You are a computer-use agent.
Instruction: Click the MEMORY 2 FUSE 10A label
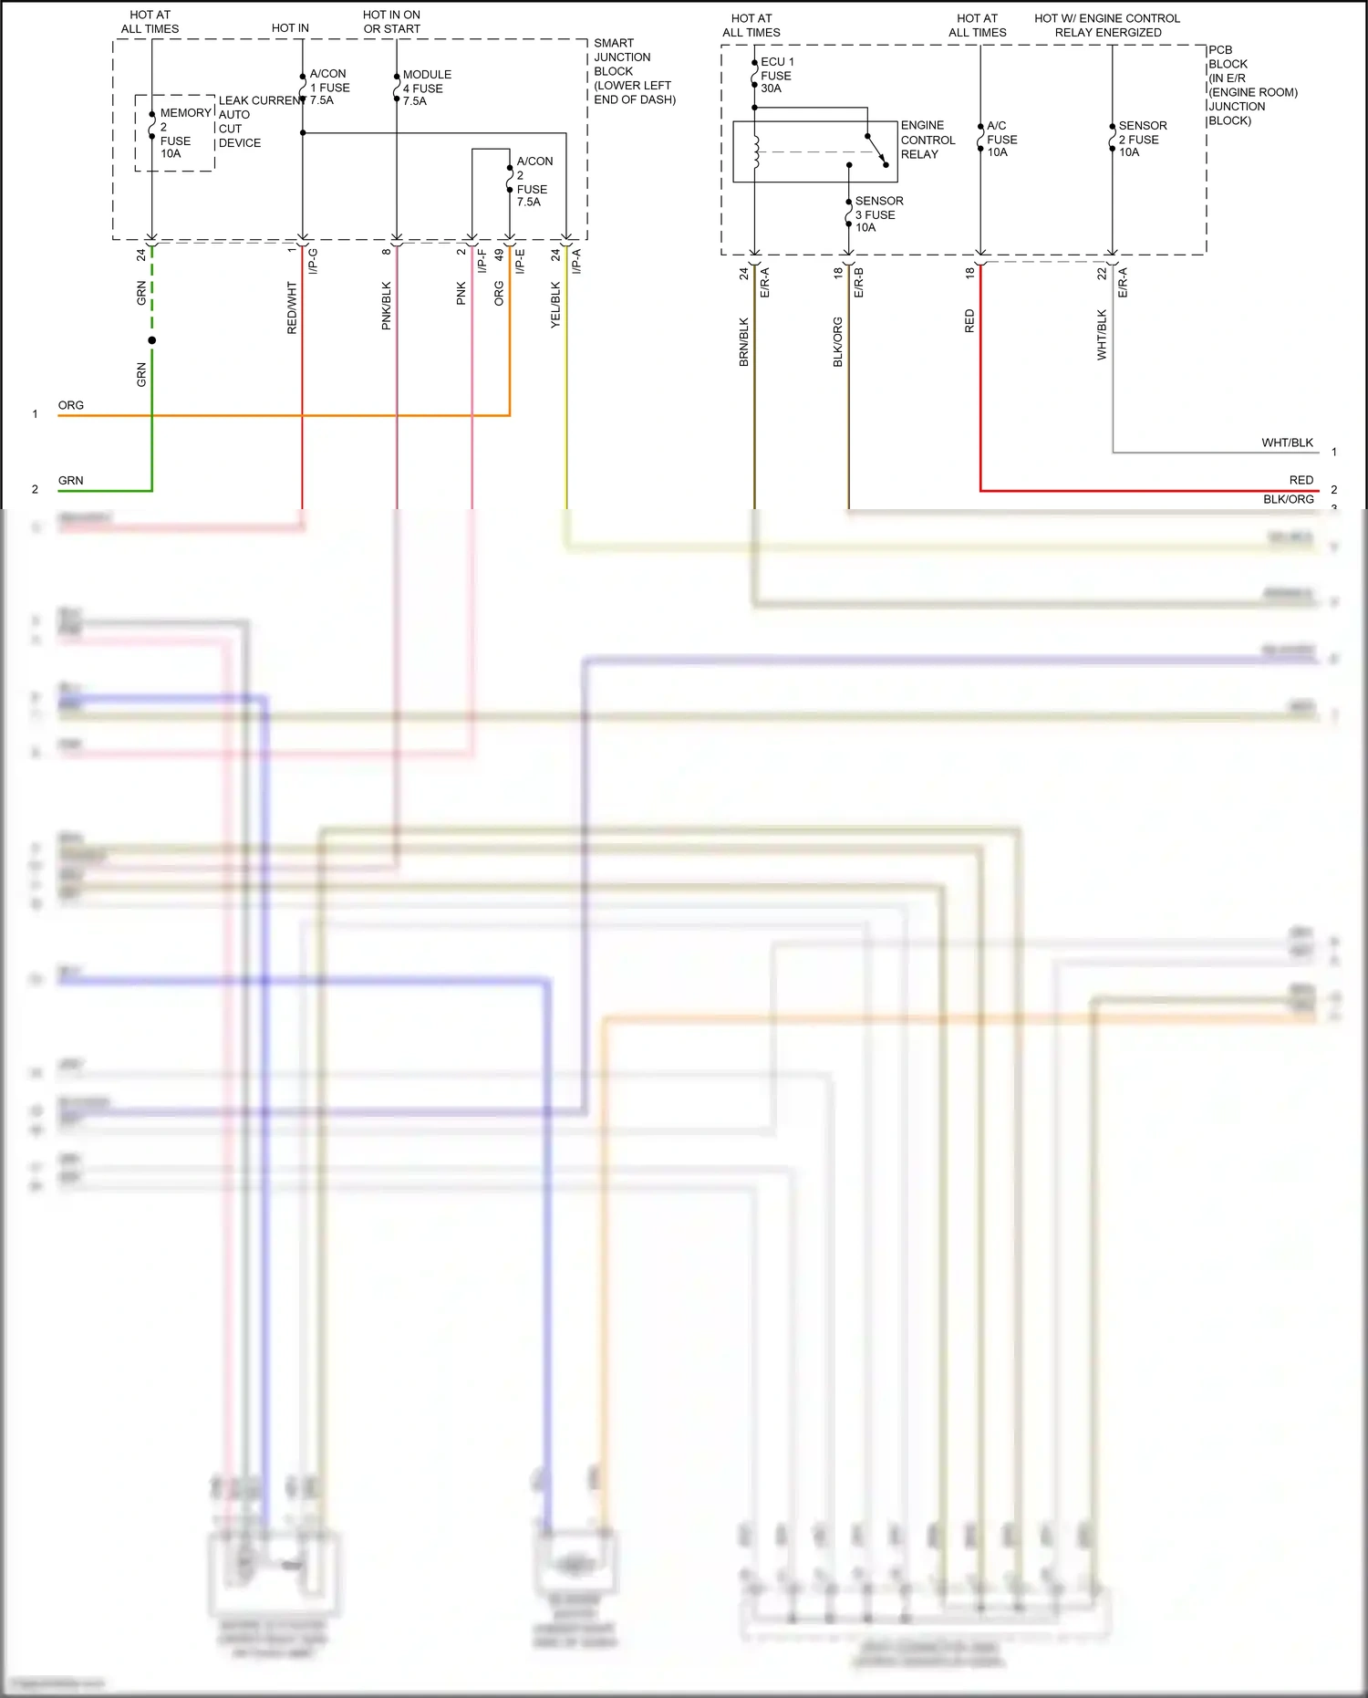point(175,133)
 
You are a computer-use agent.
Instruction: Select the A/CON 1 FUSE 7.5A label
point(329,87)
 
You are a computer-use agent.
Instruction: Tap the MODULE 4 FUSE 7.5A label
point(426,88)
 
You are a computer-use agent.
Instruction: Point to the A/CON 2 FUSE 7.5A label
point(534,181)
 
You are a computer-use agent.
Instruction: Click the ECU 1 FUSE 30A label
point(776,75)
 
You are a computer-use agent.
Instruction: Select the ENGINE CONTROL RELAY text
point(928,140)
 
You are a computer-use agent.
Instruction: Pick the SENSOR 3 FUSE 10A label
point(877,214)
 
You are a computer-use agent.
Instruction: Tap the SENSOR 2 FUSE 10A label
point(1141,139)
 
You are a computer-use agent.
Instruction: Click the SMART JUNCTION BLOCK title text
point(633,71)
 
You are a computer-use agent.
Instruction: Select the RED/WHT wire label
point(292,307)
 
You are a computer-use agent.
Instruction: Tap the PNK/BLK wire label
point(386,306)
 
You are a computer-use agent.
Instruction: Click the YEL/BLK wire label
point(555,305)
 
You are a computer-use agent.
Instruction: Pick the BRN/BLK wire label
point(743,342)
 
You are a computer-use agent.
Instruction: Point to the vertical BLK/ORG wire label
point(837,342)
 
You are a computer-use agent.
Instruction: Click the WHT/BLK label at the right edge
point(1287,443)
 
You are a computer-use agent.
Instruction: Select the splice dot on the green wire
point(152,340)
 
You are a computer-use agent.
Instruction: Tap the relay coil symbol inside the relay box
point(756,152)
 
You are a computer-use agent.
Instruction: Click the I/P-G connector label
point(313,261)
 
